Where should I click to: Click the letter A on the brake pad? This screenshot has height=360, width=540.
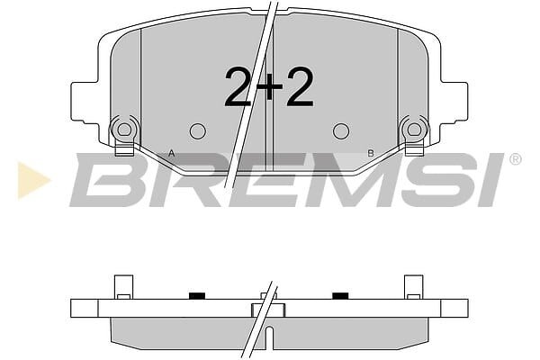point(171,153)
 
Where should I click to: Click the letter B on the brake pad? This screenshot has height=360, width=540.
point(371,153)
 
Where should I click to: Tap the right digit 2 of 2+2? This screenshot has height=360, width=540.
point(299,86)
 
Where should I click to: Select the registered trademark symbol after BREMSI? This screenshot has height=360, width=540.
point(515,159)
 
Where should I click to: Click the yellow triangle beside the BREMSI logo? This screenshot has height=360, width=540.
point(32,180)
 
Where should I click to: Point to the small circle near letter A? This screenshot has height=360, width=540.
point(198,131)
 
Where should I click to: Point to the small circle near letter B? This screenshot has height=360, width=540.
point(341,131)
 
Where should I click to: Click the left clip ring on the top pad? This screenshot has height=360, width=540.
point(124,130)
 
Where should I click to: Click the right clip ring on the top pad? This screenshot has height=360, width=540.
point(414,130)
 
